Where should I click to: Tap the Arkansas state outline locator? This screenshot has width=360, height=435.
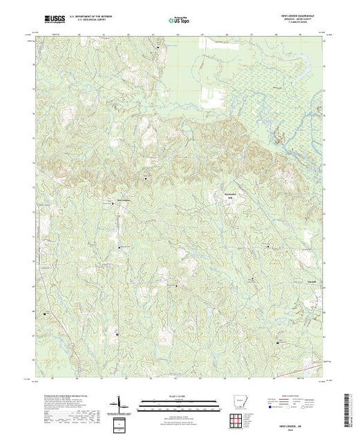coord(237,401)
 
